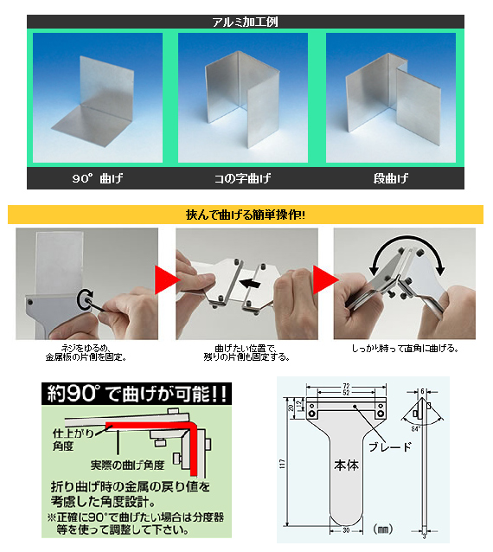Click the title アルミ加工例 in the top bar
pyautogui.click(x=245, y=22)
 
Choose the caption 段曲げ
pyautogui.click(x=390, y=180)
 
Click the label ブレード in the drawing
pyautogui.click(x=382, y=447)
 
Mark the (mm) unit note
pyautogui.click(x=381, y=527)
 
